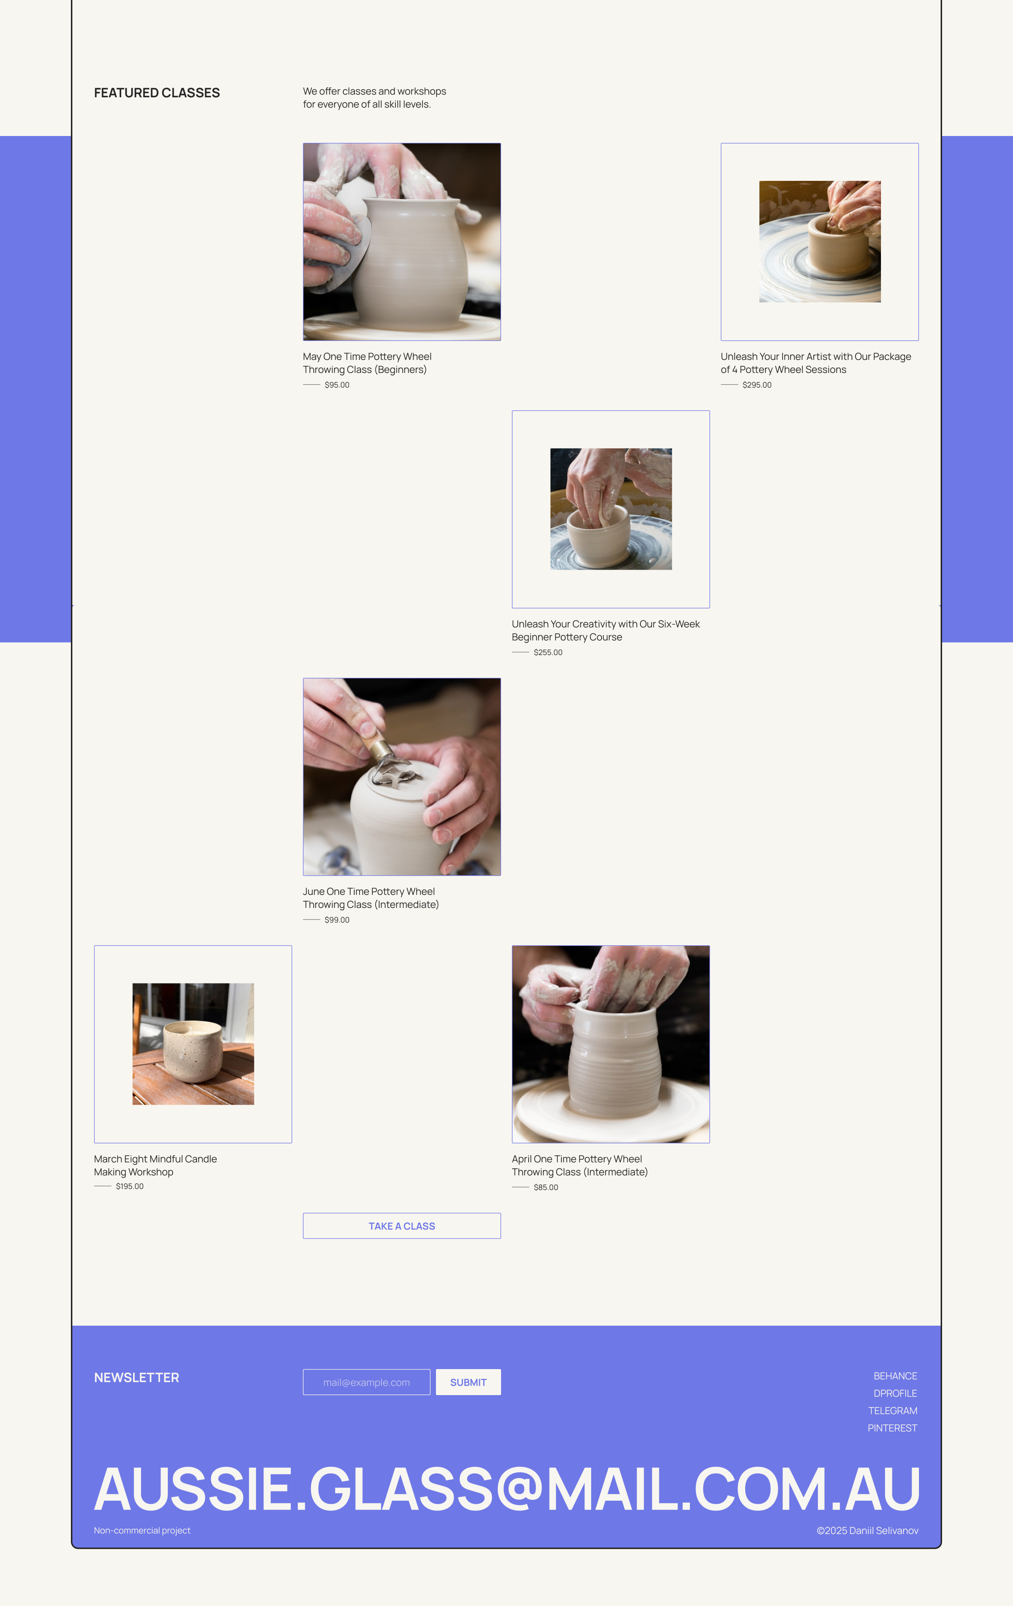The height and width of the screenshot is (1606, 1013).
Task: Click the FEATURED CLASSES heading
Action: point(157,93)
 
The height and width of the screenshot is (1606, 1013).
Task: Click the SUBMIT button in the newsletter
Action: point(468,1382)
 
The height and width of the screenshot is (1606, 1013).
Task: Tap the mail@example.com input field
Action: point(366,1382)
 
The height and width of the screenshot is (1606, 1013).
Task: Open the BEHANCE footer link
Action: point(895,1376)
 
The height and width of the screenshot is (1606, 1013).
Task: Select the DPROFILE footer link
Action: point(895,1393)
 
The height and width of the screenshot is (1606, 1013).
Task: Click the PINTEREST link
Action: point(892,1428)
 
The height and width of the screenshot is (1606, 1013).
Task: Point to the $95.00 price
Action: point(337,385)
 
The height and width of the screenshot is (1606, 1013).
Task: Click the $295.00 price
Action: point(757,385)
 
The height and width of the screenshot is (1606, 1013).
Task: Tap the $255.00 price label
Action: point(548,652)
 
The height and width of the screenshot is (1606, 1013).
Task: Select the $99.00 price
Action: point(337,920)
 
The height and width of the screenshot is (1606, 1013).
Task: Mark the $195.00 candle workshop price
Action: point(130,1186)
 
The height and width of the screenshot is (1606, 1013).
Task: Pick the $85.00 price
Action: point(546,1187)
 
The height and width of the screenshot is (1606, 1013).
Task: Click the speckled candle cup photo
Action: point(193,1044)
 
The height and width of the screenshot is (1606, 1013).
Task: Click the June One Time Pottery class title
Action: point(371,898)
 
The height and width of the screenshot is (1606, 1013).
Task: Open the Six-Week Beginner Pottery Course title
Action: point(606,630)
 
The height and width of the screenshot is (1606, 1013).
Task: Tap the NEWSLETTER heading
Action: point(137,1377)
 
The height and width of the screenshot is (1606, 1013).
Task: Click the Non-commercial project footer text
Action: point(142,1530)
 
